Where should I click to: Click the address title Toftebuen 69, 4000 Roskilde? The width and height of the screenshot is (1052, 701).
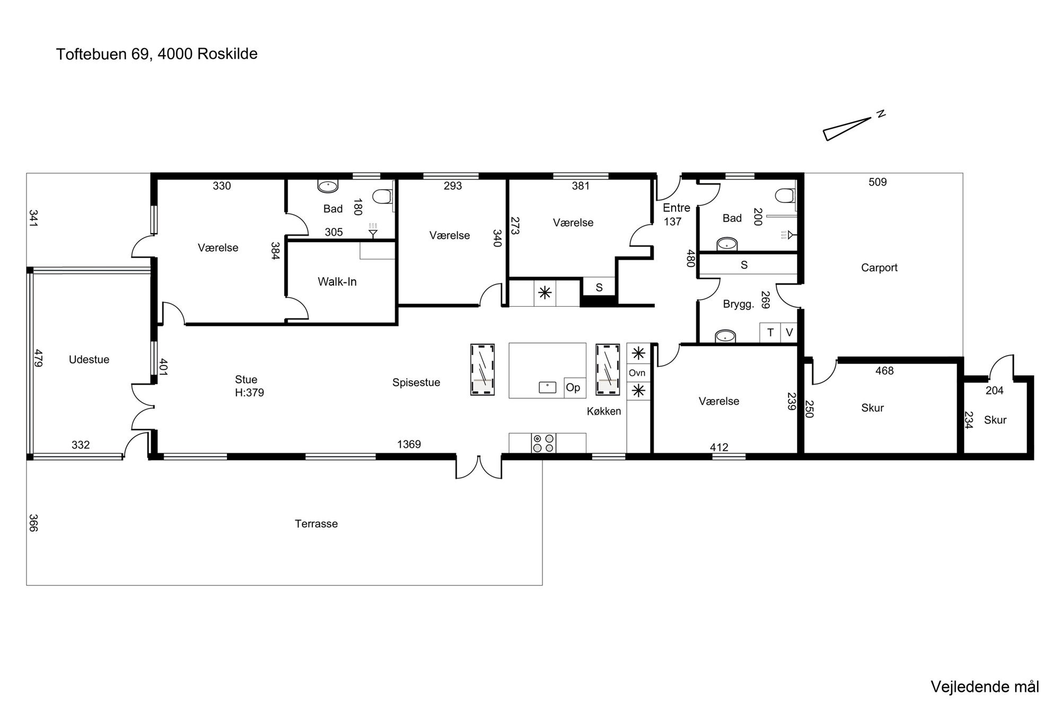157,54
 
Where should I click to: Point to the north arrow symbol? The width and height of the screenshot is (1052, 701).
847,128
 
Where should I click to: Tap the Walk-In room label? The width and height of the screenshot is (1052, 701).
337,282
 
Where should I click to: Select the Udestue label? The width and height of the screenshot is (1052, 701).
89,360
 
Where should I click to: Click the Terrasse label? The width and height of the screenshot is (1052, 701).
317,524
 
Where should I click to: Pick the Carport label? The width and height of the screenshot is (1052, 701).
879,268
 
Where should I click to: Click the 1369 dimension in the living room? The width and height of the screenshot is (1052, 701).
409,445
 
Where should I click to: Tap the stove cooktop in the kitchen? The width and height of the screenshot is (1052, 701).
543,443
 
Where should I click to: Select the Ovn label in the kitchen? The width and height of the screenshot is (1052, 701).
637,373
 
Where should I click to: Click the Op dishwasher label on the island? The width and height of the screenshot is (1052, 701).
573,387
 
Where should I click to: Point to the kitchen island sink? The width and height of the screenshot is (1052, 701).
547,387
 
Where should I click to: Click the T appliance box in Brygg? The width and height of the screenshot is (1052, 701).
770,332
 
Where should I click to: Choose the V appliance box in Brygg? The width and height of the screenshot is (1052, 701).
790,332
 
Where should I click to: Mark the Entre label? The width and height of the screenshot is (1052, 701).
677,208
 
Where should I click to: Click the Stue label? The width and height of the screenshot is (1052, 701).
246,380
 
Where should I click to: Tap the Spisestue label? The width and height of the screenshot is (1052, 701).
416,383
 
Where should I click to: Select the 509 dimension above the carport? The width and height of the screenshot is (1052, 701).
878,182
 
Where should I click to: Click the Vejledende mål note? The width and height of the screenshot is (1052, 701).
985,687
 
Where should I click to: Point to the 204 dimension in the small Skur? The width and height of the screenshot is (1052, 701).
994,391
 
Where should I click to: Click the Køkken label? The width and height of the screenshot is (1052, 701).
604,411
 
